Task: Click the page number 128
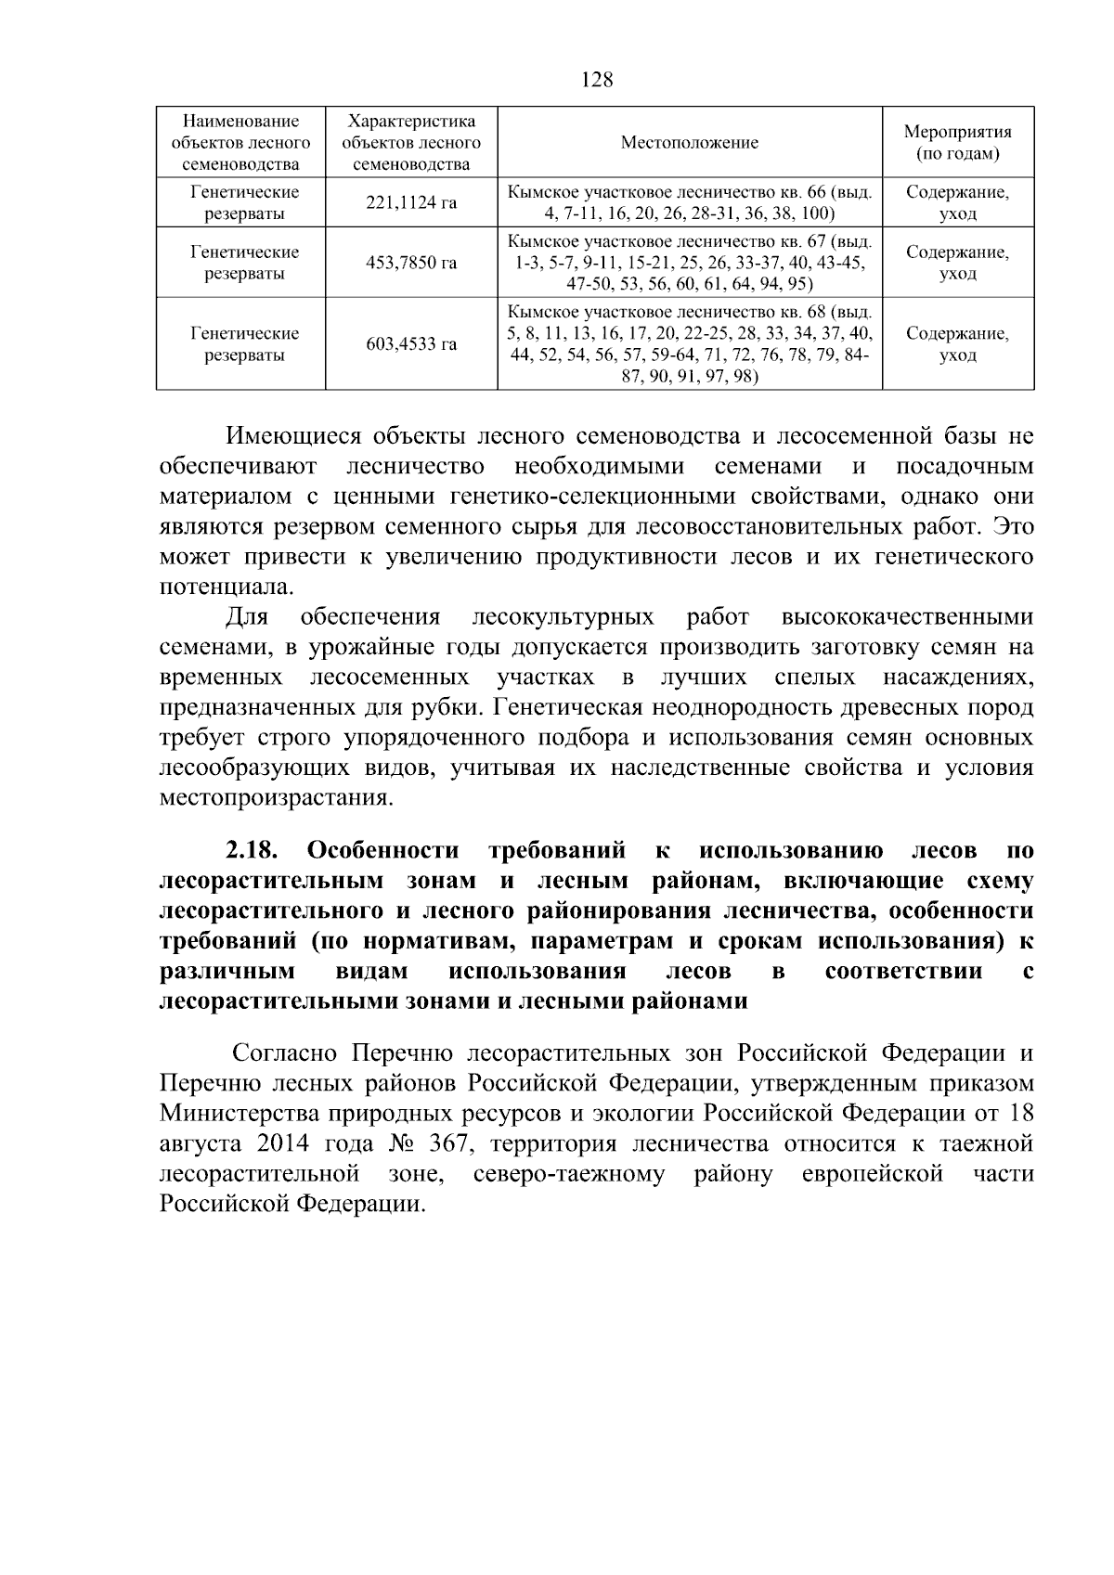pyautogui.click(x=597, y=80)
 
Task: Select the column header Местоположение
pyautogui.click(x=689, y=143)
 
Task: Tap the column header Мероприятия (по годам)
pyautogui.click(x=957, y=143)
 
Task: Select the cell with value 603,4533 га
pyautogui.click(x=411, y=344)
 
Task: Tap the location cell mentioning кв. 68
pyautogui.click(x=689, y=344)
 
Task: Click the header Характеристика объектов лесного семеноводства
pyautogui.click(x=411, y=143)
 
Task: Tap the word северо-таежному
pyautogui.click(x=569, y=1174)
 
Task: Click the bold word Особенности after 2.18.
pyautogui.click(x=382, y=850)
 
